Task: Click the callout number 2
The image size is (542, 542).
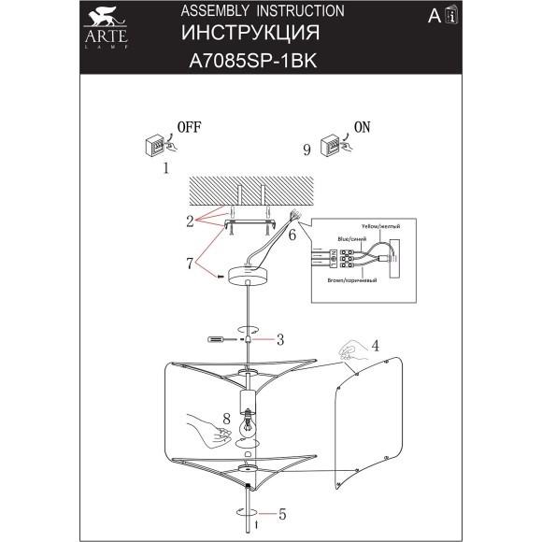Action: [189, 222]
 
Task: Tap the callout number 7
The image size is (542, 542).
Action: [190, 264]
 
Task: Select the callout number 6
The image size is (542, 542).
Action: [292, 236]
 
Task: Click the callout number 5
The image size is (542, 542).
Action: [280, 513]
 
